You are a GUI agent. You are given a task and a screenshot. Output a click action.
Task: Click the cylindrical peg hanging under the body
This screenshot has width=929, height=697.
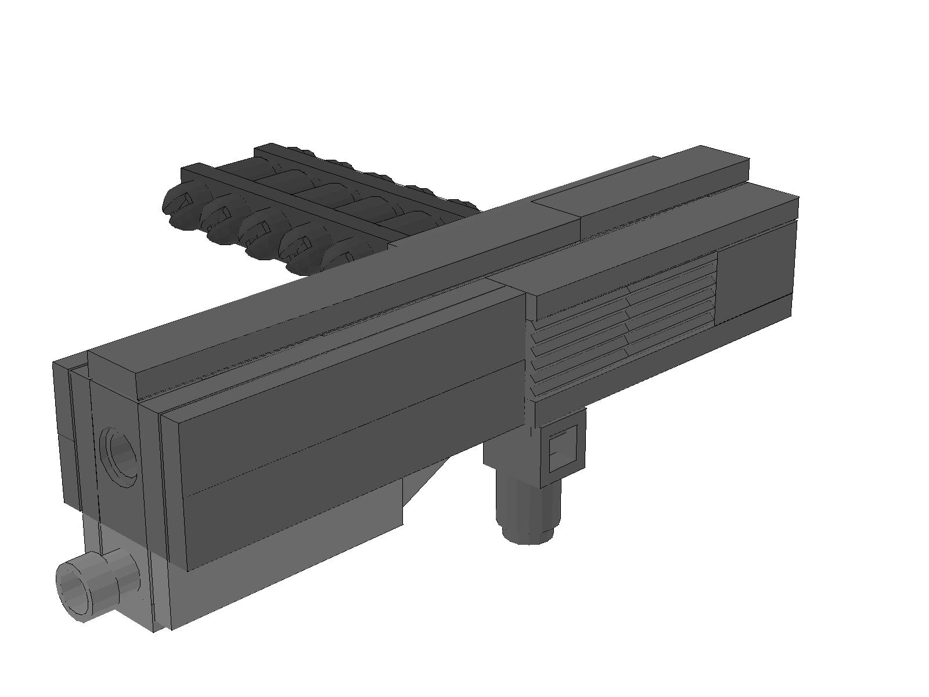[528, 500]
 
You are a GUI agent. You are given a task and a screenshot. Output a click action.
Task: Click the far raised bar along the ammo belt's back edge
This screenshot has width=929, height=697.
[348, 168]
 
